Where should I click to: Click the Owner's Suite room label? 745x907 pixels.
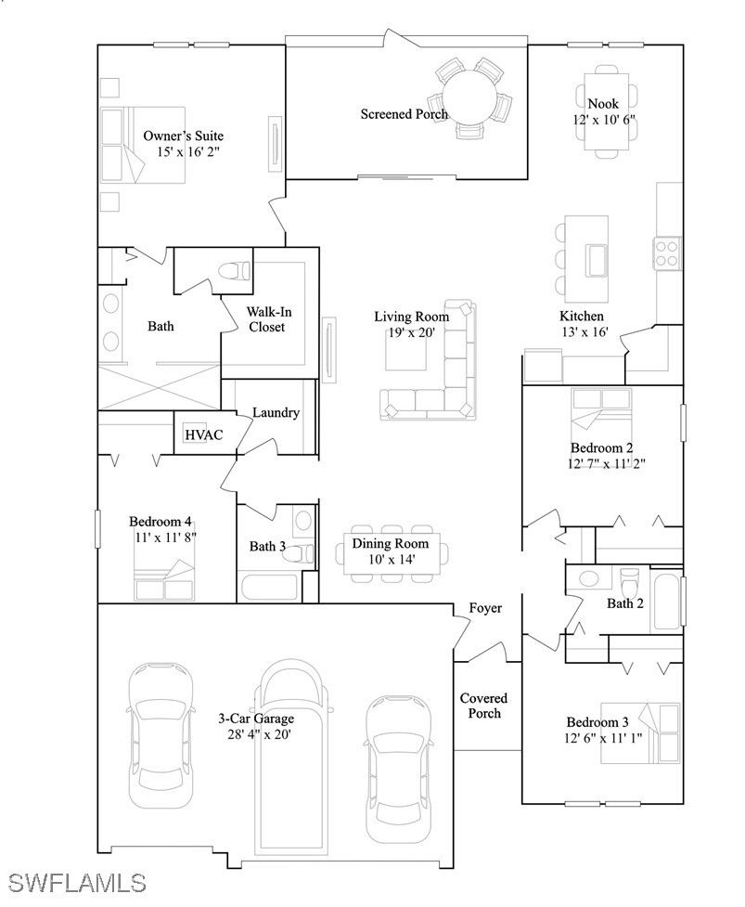tap(183, 136)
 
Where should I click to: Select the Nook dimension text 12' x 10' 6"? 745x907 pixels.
tap(604, 120)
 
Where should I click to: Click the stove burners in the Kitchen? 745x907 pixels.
tap(668, 253)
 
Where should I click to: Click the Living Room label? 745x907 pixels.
tap(412, 317)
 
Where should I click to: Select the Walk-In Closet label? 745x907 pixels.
tap(268, 319)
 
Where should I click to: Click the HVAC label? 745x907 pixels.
tap(203, 434)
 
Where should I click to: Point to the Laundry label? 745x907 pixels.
tap(276, 412)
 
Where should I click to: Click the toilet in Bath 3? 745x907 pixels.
tap(300, 553)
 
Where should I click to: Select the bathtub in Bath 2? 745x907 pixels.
tap(666, 602)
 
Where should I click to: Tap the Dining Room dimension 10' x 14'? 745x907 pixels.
tap(392, 560)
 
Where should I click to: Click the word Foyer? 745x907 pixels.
tap(485, 608)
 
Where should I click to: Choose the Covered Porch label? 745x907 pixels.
tap(483, 706)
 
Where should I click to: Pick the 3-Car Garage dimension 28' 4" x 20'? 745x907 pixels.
tap(259, 734)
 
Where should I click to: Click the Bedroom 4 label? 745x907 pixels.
tap(161, 521)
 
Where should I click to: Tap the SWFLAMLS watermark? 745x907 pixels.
tap(76, 883)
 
